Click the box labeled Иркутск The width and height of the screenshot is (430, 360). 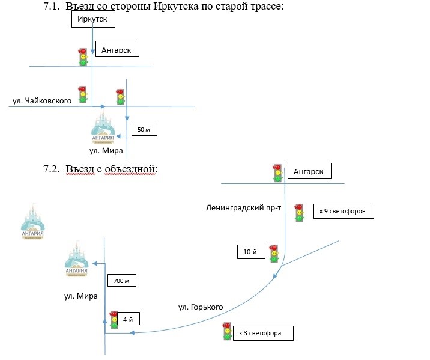click(92, 20)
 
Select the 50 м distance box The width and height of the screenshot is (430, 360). click(144, 129)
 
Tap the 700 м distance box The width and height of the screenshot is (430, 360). click(123, 281)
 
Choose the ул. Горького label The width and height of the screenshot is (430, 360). click(201, 307)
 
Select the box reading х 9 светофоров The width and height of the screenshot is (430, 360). click(344, 212)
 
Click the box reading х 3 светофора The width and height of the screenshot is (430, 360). click(264, 332)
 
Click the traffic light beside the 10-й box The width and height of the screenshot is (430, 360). click(274, 253)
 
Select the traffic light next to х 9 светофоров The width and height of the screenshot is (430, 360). click(298, 213)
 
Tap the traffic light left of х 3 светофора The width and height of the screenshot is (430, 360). click(226, 331)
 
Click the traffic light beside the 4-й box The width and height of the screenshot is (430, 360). click(114, 320)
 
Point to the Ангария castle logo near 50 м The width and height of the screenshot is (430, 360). click(103, 128)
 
